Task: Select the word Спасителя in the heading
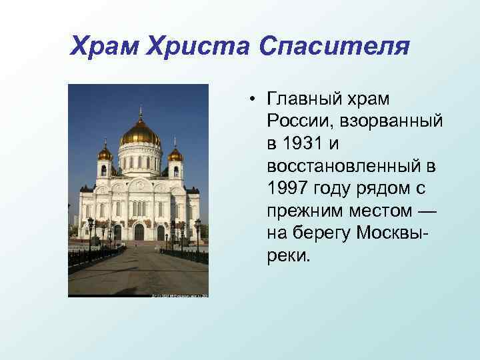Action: pyautogui.click(x=333, y=47)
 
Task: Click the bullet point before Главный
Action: pyautogui.click(x=255, y=100)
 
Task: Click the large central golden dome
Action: pyautogui.click(x=140, y=135)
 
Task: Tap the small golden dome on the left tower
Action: pyautogui.click(x=105, y=155)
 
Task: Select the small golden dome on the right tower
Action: pyautogui.click(x=175, y=155)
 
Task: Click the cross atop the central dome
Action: pyautogui.click(x=140, y=110)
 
